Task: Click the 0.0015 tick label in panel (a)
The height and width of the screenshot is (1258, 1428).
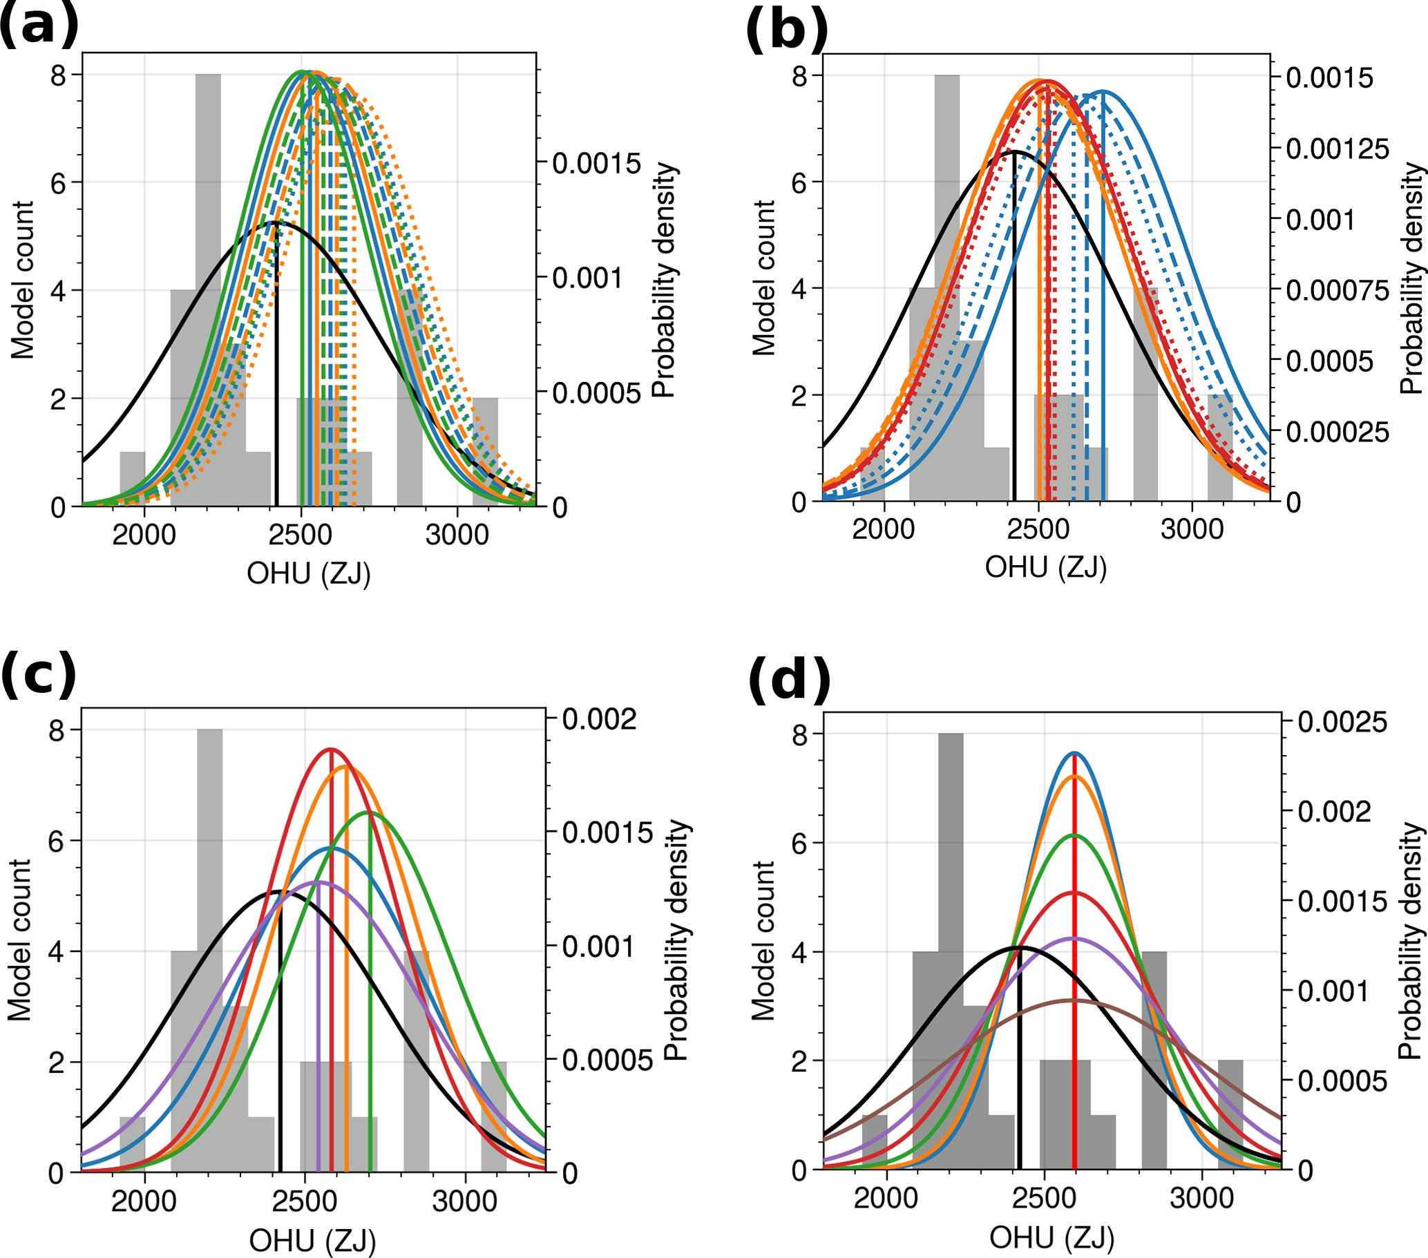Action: click(597, 164)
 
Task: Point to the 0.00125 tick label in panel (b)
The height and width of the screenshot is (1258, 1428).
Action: click(1337, 149)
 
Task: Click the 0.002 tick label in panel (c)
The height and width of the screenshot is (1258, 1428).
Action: click(600, 718)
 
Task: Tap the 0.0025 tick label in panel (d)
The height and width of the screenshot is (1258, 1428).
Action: click(1342, 722)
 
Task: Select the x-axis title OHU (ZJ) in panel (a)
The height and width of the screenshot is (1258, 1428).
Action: click(308, 574)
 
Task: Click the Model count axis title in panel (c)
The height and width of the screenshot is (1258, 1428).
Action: click(20, 940)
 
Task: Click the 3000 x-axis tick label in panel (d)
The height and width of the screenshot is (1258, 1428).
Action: click(1201, 1198)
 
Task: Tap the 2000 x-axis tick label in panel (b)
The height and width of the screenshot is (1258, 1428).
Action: click(883, 528)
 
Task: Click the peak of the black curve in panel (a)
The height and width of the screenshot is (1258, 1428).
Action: click(276, 222)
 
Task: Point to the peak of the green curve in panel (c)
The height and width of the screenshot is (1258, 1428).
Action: click(370, 812)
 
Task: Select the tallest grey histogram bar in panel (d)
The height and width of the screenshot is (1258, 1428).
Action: click(950, 943)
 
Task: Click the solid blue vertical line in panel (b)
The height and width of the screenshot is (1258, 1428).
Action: click(1103, 314)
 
